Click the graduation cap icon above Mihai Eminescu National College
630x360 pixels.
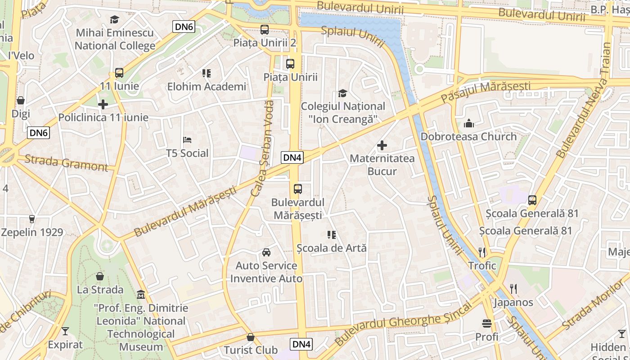(114, 19)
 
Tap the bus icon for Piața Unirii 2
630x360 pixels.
(265, 30)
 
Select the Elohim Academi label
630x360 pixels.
(207, 86)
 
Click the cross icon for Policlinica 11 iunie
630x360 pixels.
(103, 104)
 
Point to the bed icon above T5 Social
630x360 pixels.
(187, 140)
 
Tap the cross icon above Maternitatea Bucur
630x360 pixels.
(382, 145)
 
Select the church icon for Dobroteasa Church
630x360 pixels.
(468, 123)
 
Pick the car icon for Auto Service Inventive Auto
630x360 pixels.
(266, 252)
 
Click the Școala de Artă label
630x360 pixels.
(332, 248)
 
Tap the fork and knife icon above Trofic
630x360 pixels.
(482, 252)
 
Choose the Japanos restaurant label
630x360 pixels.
(513, 302)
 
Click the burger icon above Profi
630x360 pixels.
(486, 323)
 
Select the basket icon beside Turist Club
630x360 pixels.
(251, 337)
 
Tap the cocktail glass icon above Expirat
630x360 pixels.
(65, 332)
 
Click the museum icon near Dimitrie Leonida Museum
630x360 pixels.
(141, 295)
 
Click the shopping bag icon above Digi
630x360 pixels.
(20, 100)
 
